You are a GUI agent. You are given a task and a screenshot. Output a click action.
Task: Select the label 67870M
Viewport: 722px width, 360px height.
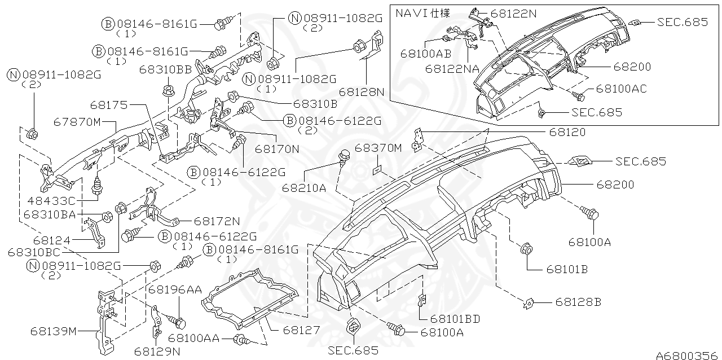77,122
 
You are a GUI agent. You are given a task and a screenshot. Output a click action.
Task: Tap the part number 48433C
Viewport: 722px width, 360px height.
51,200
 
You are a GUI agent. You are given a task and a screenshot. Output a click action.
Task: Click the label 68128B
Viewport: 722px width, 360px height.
578,302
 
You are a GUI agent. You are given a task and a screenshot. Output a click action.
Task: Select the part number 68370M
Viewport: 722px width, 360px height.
378,148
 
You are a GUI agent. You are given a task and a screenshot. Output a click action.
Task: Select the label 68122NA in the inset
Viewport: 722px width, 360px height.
452,68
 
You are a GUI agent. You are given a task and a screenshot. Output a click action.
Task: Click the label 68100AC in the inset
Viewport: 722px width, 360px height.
622,89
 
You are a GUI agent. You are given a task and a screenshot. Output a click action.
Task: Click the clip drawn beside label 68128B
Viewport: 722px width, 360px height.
529,303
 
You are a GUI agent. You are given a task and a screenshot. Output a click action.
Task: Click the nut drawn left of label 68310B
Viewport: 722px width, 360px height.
232,96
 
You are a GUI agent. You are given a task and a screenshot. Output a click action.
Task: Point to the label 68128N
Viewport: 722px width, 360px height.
362,91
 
